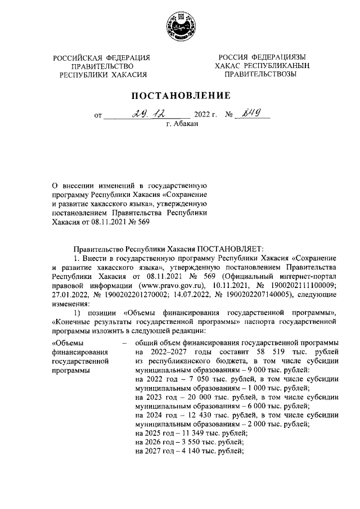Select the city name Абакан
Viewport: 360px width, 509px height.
click(x=183, y=127)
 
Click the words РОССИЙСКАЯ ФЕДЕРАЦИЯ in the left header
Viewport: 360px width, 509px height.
click(x=102, y=58)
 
